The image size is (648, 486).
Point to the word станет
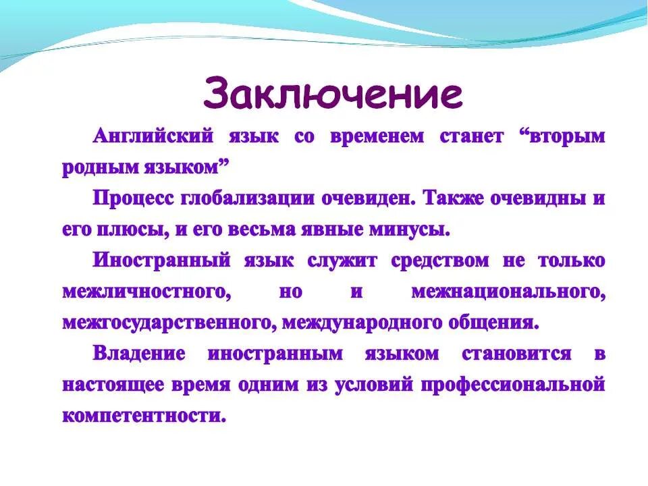coord(472,136)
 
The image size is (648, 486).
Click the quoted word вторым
coord(562,136)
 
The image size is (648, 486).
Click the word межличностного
coord(143,292)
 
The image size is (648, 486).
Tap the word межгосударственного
coord(167,323)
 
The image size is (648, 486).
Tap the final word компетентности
coord(143,416)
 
